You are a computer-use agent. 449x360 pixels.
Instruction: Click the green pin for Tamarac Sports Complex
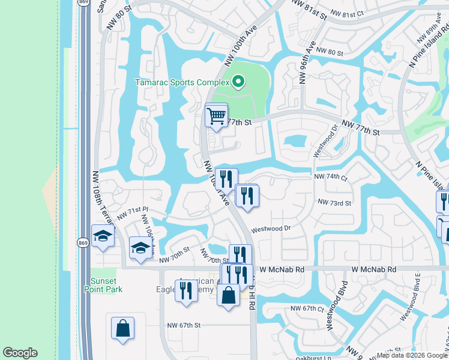pyautogui.click(x=238, y=82)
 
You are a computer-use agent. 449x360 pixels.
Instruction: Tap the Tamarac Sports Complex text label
pyautogui.click(x=182, y=82)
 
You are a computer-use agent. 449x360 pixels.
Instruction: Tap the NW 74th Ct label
pyautogui.click(x=331, y=178)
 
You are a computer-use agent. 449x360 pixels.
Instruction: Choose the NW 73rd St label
pyautogui.click(x=334, y=203)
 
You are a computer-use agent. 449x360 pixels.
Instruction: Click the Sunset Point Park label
pyautogui.click(x=106, y=285)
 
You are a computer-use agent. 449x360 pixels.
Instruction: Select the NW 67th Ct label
pyautogui.click(x=307, y=308)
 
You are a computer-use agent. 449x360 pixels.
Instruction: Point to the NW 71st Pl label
pyautogui.click(x=133, y=212)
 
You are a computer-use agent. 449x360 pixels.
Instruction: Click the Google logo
pyautogui.click(x=20, y=353)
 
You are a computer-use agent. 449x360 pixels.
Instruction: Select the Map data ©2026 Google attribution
pyautogui.click(x=412, y=355)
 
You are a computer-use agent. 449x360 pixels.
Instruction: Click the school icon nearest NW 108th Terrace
pyautogui.click(x=103, y=236)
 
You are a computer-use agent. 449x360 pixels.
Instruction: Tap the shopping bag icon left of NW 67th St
pyautogui.click(x=123, y=328)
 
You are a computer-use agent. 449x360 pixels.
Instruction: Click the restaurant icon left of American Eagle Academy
pyautogui.click(x=186, y=290)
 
